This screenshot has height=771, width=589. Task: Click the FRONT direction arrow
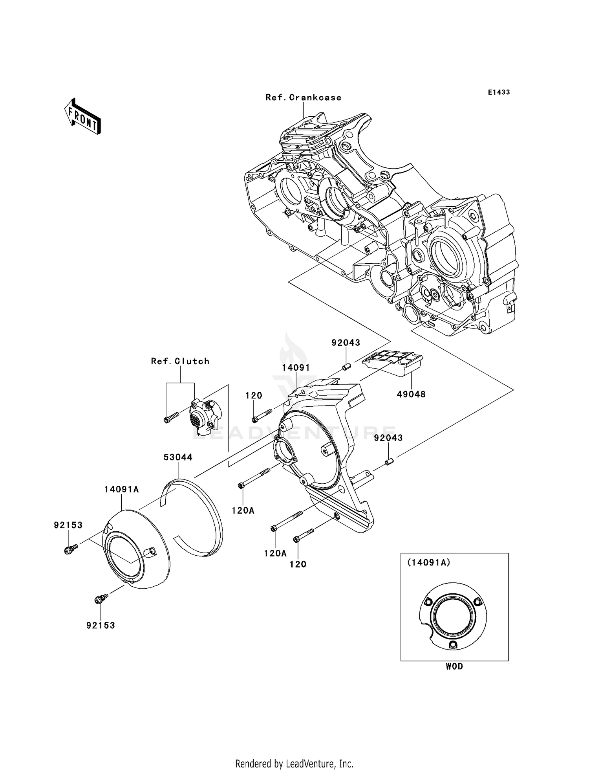click(x=83, y=117)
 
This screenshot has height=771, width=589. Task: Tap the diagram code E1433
click(x=499, y=92)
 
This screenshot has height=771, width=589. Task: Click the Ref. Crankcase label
click(x=303, y=97)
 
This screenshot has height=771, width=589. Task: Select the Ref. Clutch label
click(x=180, y=361)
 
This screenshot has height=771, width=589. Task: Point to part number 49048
click(x=411, y=394)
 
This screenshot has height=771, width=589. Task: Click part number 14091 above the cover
click(x=296, y=368)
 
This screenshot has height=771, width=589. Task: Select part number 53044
click(x=178, y=457)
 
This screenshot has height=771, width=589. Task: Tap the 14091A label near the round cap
click(x=122, y=489)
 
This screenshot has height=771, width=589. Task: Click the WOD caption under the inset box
click(x=454, y=666)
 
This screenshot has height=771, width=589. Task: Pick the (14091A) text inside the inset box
click(x=429, y=563)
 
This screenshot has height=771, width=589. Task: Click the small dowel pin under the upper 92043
click(x=346, y=367)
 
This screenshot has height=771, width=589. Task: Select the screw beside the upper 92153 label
click(x=71, y=549)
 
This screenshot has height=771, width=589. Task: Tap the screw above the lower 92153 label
click(x=101, y=598)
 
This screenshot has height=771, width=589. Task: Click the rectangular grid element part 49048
click(x=393, y=363)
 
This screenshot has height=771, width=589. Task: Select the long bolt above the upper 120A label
click(x=254, y=478)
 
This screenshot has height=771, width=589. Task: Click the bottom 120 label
click(x=298, y=564)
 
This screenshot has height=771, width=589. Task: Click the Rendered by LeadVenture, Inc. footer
click(x=294, y=764)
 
